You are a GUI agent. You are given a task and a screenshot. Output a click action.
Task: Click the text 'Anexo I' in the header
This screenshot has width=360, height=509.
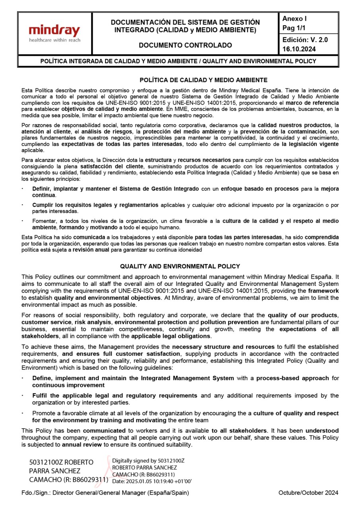(x=294, y=19)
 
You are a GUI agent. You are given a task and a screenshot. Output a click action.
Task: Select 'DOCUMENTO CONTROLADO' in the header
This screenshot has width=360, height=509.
(x=185, y=45)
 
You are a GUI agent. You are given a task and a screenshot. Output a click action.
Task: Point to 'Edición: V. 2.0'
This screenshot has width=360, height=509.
(x=305, y=40)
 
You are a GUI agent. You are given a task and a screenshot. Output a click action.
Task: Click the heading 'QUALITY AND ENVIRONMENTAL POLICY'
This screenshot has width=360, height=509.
(x=180, y=266)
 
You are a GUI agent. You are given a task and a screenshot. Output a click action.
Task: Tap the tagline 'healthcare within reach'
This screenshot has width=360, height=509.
(x=54, y=40)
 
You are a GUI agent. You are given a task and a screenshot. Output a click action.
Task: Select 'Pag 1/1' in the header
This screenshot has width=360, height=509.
(x=294, y=28)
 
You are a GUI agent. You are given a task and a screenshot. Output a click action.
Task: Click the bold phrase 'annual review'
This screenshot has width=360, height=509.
(x=82, y=445)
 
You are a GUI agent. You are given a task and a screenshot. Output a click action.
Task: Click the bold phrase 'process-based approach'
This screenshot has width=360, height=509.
(x=292, y=378)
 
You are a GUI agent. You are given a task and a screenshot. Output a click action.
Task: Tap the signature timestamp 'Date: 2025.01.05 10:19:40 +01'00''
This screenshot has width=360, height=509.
(x=152, y=481)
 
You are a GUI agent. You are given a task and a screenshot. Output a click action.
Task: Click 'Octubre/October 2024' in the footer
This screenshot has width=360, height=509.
(x=309, y=493)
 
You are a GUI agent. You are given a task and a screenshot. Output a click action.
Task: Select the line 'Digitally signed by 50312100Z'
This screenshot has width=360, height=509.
(x=148, y=461)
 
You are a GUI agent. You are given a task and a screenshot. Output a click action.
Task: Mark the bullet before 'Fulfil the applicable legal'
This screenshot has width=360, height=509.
(x=23, y=395)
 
